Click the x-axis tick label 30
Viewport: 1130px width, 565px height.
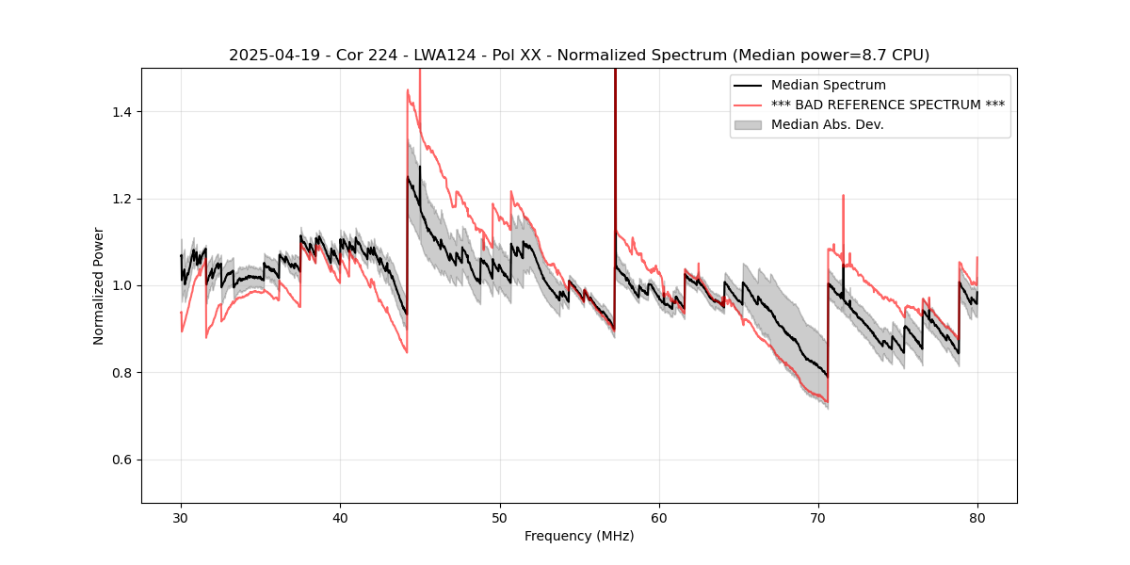(181, 517)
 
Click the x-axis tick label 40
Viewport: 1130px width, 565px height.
(340, 517)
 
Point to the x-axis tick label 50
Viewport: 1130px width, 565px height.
(499, 517)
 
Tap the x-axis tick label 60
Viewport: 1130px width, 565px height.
(658, 517)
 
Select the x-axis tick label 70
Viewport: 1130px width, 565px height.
(817, 517)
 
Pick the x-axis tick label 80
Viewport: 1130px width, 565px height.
(977, 517)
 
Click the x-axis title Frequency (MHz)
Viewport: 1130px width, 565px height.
(579, 536)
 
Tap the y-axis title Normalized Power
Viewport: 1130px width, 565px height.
(98, 285)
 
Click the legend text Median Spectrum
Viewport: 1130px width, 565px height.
(828, 85)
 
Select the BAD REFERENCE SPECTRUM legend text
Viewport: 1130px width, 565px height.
(887, 105)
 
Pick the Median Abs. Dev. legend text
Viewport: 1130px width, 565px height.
(827, 124)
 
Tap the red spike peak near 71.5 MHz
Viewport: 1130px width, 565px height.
(843, 196)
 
